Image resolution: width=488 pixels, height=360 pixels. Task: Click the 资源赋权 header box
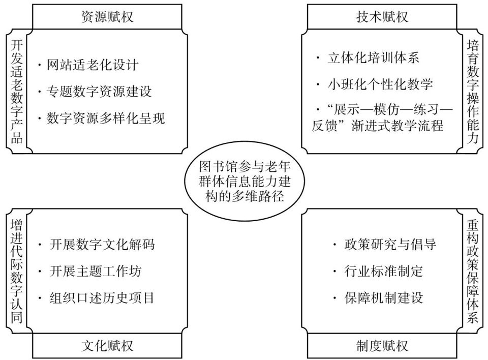point(107,17)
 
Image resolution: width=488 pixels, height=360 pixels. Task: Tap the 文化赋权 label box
point(107,346)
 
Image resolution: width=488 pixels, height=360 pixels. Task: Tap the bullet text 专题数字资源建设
point(99,92)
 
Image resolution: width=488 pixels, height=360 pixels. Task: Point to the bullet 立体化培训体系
point(373,57)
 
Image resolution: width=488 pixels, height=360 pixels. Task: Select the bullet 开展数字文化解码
point(102,245)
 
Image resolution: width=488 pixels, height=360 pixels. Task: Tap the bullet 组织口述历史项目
point(102,297)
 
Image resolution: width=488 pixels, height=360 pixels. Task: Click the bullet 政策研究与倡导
point(389,245)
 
